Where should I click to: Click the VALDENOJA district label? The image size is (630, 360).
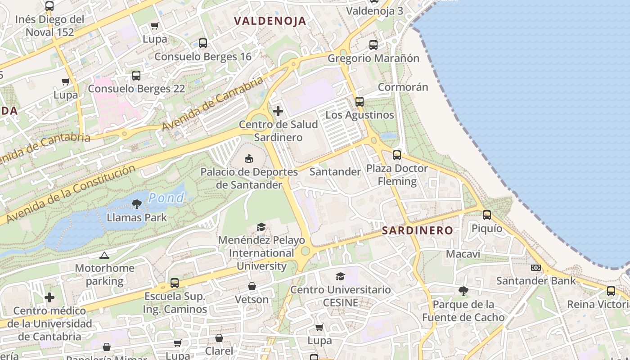270,21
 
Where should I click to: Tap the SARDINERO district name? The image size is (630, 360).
418,231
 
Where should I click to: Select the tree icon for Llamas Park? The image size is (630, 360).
137,205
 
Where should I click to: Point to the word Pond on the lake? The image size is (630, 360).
166,198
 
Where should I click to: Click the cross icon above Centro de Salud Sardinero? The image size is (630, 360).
278,111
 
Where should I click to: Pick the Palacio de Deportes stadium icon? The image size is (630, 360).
249,158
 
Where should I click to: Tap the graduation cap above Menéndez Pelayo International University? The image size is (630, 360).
261,227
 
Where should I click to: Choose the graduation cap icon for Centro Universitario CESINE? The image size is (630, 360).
340,276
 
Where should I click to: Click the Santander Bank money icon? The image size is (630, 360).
535,268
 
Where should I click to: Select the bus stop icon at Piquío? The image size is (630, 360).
487,215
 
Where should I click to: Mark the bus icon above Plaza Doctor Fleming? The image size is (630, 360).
396,155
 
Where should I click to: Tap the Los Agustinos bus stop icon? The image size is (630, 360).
359,102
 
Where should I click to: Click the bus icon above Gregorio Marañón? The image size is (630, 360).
373,45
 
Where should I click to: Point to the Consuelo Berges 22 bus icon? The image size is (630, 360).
136,76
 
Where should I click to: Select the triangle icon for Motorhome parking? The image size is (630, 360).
104,255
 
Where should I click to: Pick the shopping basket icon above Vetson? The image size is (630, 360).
252,286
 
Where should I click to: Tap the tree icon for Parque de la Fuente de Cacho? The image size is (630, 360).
463,291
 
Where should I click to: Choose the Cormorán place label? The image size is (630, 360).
403,87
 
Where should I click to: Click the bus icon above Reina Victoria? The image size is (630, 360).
611,291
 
